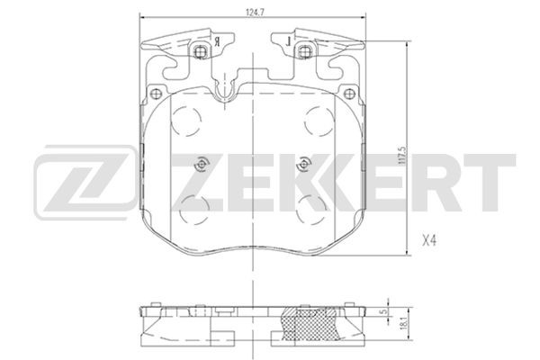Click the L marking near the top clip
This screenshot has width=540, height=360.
pos(286,42)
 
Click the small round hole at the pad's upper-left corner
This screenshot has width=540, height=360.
pos(157,92)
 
